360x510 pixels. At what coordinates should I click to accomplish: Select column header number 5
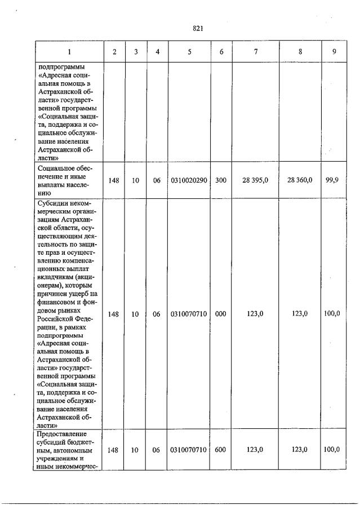click(189, 52)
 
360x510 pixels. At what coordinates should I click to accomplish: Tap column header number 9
click(334, 52)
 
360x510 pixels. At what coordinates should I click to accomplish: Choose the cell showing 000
click(221, 314)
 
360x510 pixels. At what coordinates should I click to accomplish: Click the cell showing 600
click(221, 450)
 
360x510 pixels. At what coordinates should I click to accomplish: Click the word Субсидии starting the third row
click(52, 203)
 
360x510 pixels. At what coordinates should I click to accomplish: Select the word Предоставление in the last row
click(61, 434)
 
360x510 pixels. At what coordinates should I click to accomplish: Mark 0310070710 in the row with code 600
click(189, 450)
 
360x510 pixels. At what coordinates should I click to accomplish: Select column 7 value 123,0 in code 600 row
click(255, 450)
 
